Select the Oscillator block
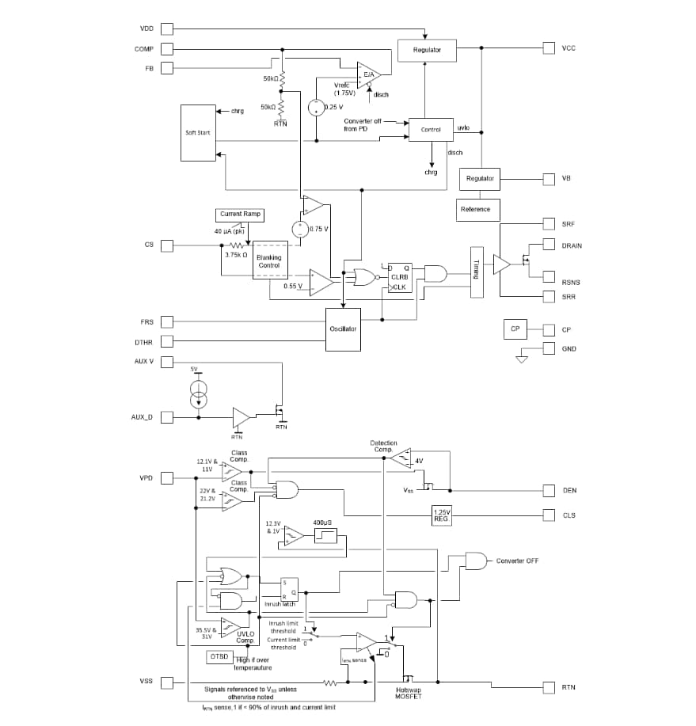pos(343,329)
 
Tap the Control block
pos(431,130)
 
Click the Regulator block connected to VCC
pos(426,50)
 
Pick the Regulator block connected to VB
pos(480,179)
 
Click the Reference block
pos(475,209)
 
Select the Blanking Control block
pos(269,261)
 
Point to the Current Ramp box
pos(240,215)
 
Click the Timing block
pos(477,272)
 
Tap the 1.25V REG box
pos(441,515)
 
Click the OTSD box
pos(219,657)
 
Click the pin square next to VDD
pos(167,29)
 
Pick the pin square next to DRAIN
pos(549,245)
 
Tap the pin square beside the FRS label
pos(167,321)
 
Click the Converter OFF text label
pos(517,561)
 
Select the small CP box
pos(514,329)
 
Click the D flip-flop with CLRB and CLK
pos(398,278)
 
